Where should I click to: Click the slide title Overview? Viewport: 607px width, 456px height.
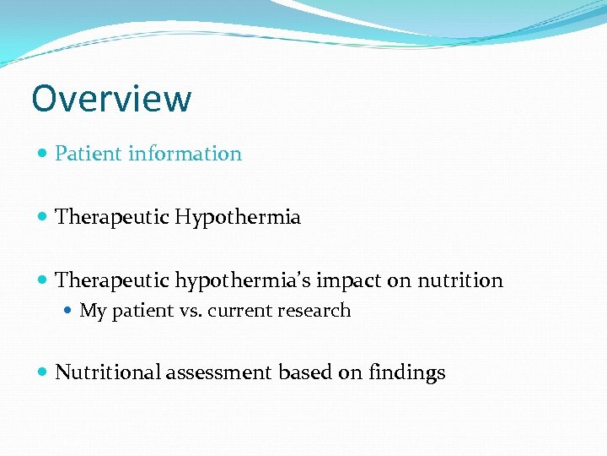111,99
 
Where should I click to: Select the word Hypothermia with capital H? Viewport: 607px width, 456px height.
238,218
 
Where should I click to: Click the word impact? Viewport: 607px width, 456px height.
346,281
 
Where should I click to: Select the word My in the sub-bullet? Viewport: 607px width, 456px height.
93,311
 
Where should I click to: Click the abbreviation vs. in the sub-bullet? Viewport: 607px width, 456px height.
191,311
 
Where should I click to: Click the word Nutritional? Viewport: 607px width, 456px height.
107,372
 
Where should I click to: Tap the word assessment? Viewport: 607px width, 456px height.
219,373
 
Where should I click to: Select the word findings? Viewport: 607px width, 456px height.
407,373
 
